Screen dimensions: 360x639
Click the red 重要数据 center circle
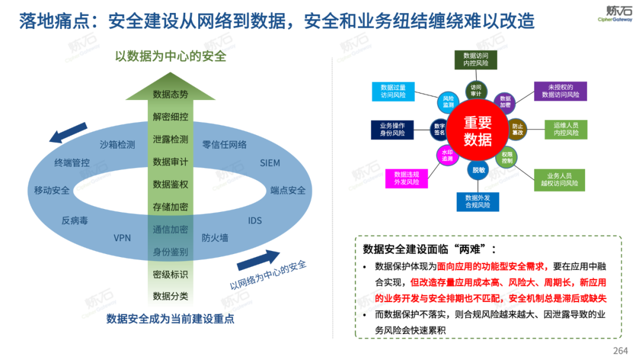click(x=477, y=131)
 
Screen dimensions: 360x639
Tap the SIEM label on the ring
click(x=270, y=163)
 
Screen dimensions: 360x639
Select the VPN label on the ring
click(x=122, y=238)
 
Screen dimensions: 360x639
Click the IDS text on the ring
click(x=255, y=221)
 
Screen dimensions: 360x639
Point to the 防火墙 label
click(x=215, y=238)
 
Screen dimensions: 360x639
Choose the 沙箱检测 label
click(x=117, y=144)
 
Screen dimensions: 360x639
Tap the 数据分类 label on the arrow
click(x=170, y=296)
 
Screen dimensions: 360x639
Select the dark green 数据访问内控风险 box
click(x=476, y=59)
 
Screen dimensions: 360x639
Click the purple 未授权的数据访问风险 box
click(x=560, y=91)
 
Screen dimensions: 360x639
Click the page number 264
click(x=620, y=351)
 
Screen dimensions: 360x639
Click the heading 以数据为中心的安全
click(x=170, y=57)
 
